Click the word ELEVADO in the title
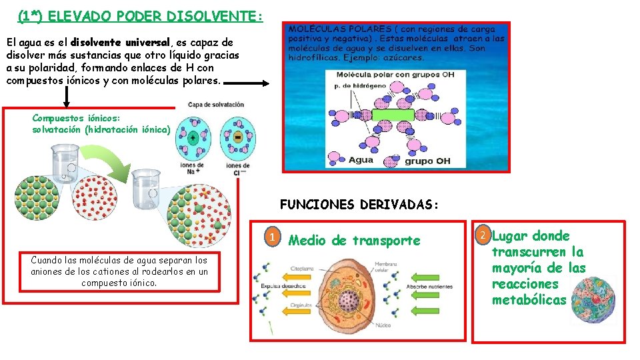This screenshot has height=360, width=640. pos(73,15)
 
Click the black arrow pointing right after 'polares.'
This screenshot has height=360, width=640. pos(247,83)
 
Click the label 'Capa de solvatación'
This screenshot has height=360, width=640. pos(216,105)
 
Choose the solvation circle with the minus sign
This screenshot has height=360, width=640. pos(237,137)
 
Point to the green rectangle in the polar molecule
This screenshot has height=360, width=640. pos(393,115)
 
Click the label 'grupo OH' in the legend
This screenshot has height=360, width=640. pos(427,161)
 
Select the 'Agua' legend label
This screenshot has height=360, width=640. pos(361,160)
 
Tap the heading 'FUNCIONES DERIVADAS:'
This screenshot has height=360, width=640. pos(359,205)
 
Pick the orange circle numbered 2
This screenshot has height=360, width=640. pos(483,235)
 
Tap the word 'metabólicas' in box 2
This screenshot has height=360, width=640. pos(529,300)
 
